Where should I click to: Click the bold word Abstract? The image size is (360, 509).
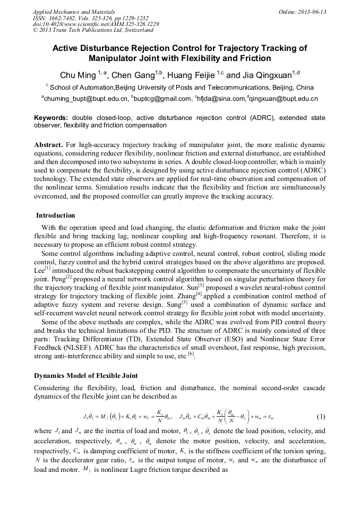click(49, 145)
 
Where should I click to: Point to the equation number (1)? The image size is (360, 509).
click(321, 416)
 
